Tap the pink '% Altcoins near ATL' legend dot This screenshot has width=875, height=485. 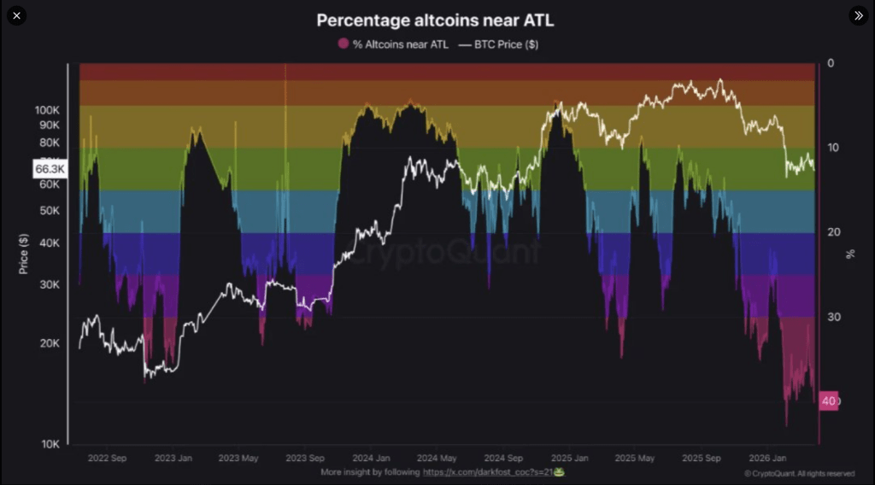[x=344, y=44]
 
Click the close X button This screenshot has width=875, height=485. [x=16, y=15]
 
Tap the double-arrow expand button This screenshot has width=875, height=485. [x=858, y=15]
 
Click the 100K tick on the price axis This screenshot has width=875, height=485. [x=48, y=110]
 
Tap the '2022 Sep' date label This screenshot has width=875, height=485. [x=107, y=458]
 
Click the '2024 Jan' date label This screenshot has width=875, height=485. [x=373, y=458]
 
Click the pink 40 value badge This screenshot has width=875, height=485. [x=829, y=400]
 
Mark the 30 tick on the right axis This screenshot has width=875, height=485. [x=832, y=317]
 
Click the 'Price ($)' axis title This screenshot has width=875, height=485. [x=23, y=254]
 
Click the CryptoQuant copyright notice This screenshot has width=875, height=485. [x=799, y=473]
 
